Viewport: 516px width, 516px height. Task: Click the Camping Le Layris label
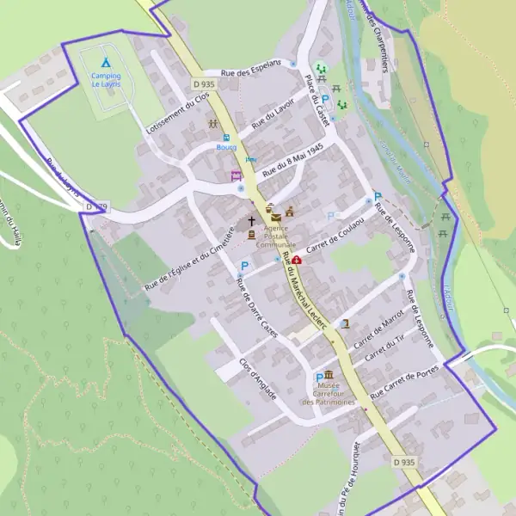click(x=106, y=80)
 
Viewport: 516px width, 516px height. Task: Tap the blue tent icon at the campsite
click(x=106, y=63)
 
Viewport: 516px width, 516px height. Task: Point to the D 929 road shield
click(x=96, y=206)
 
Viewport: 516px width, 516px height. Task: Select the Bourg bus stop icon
click(x=227, y=137)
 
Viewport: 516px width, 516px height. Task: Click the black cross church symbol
click(x=252, y=221)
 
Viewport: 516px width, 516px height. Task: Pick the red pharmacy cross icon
click(x=297, y=260)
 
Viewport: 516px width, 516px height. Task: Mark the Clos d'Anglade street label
click(x=258, y=379)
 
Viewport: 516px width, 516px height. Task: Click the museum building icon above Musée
click(x=329, y=375)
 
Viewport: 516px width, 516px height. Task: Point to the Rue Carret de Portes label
click(x=404, y=384)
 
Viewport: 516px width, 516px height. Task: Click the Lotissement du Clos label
click(x=177, y=112)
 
